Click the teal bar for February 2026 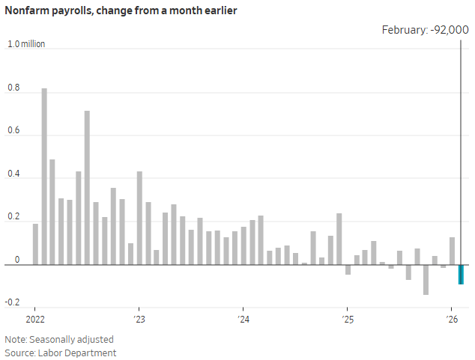tap(461, 274)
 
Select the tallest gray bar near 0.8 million tap(44, 177)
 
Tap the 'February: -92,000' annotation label tap(425, 29)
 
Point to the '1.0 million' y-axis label tap(26, 44)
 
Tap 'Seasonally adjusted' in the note tap(65, 339)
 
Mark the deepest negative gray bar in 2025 tap(426, 279)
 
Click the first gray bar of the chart tap(35, 244)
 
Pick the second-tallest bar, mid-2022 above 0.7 tap(87, 188)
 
